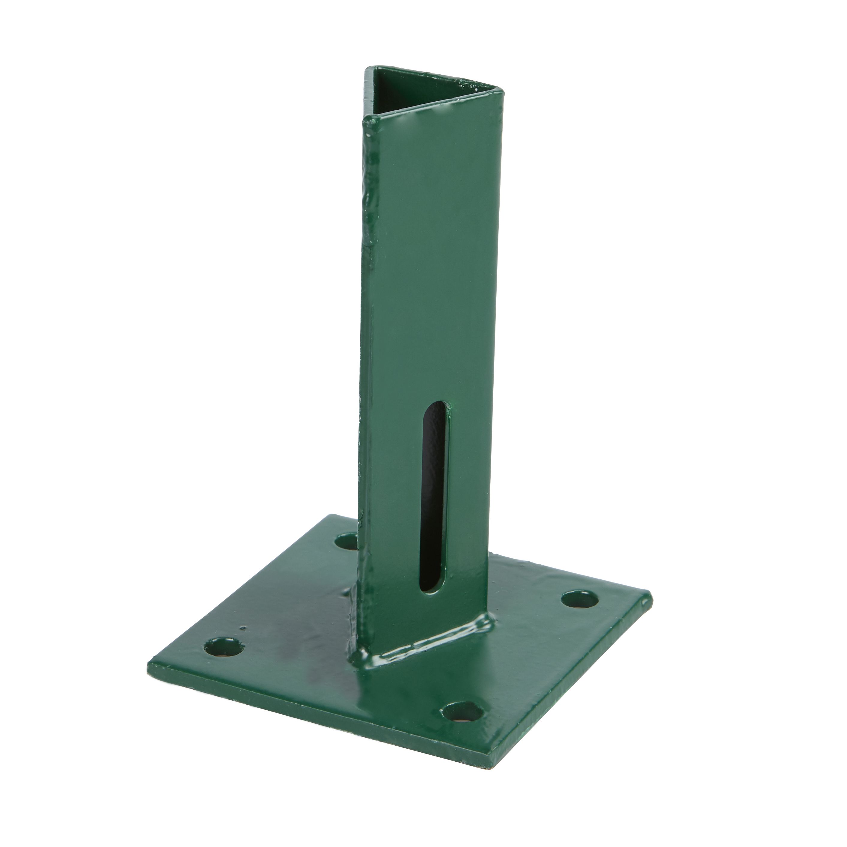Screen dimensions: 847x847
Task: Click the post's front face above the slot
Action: click(x=421, y=263)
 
